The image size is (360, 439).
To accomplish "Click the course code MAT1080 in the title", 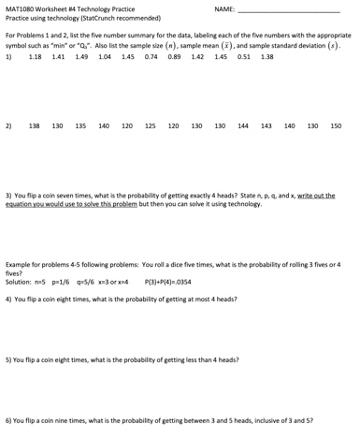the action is click(22, 8).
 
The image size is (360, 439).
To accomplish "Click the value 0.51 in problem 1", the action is click(244, 56).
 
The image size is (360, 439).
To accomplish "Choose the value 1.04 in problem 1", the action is click(105, 56).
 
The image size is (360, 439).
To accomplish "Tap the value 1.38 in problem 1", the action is click(267, 56).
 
